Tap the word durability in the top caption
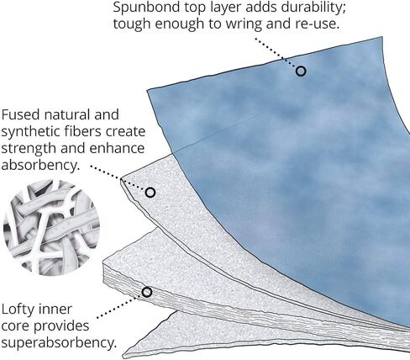pos(313,8)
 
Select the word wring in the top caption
pos(244,24)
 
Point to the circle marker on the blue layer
pos(301,71)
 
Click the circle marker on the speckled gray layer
pos(150,193)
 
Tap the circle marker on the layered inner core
pos(147,292)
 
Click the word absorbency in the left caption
pos(39,166)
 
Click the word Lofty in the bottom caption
pos(19,310)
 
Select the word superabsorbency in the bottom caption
pos(59,343)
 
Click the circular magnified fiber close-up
pos(51,227)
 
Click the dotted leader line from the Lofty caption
pos(118,306)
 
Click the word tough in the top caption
pos(132,24)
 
